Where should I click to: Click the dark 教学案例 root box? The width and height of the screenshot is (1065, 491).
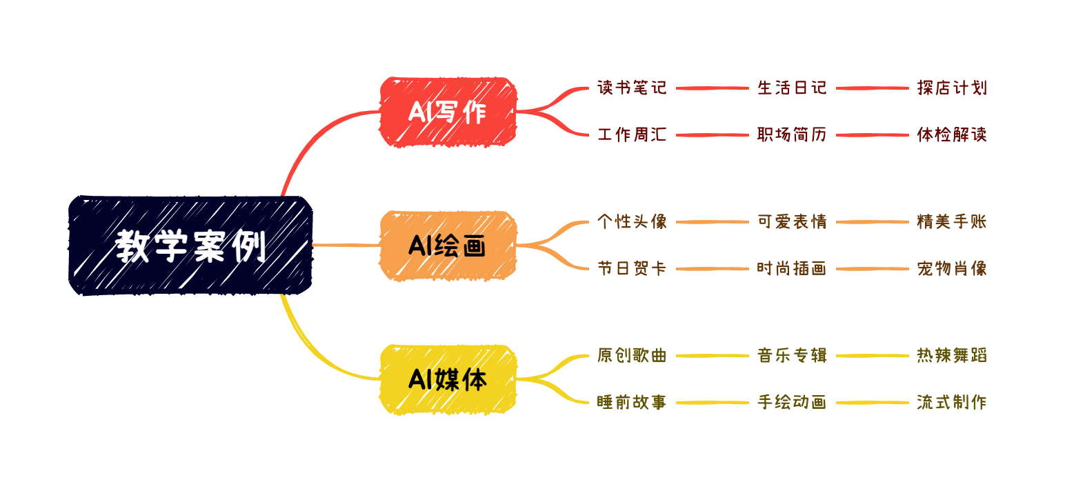190,245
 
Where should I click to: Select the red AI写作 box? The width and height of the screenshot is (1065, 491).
448,112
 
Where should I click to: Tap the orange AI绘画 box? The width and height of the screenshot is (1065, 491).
448,245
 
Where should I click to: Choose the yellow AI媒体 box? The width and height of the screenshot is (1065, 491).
448,380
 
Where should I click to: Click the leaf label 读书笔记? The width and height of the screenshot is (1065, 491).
632,88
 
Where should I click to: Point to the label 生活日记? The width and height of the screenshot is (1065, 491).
792,88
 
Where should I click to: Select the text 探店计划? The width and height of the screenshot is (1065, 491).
953,88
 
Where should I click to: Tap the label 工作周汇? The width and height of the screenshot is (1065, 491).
632,135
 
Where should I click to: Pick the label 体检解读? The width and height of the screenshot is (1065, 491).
953,135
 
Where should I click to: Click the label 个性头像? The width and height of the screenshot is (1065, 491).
632,222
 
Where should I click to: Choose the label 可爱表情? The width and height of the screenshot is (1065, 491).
792,222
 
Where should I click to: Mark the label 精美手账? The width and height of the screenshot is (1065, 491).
953,222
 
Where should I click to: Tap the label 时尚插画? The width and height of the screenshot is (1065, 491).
792,269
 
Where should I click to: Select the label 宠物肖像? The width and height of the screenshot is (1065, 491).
953,269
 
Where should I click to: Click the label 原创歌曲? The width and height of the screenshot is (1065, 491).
632,356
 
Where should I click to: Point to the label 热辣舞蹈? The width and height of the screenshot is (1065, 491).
953,356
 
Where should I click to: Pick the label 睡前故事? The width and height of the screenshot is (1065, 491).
632,403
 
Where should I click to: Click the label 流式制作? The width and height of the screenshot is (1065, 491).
953,403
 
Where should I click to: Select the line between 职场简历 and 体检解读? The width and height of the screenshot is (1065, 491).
873,135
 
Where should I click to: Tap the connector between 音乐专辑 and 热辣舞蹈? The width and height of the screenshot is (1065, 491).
873,356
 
